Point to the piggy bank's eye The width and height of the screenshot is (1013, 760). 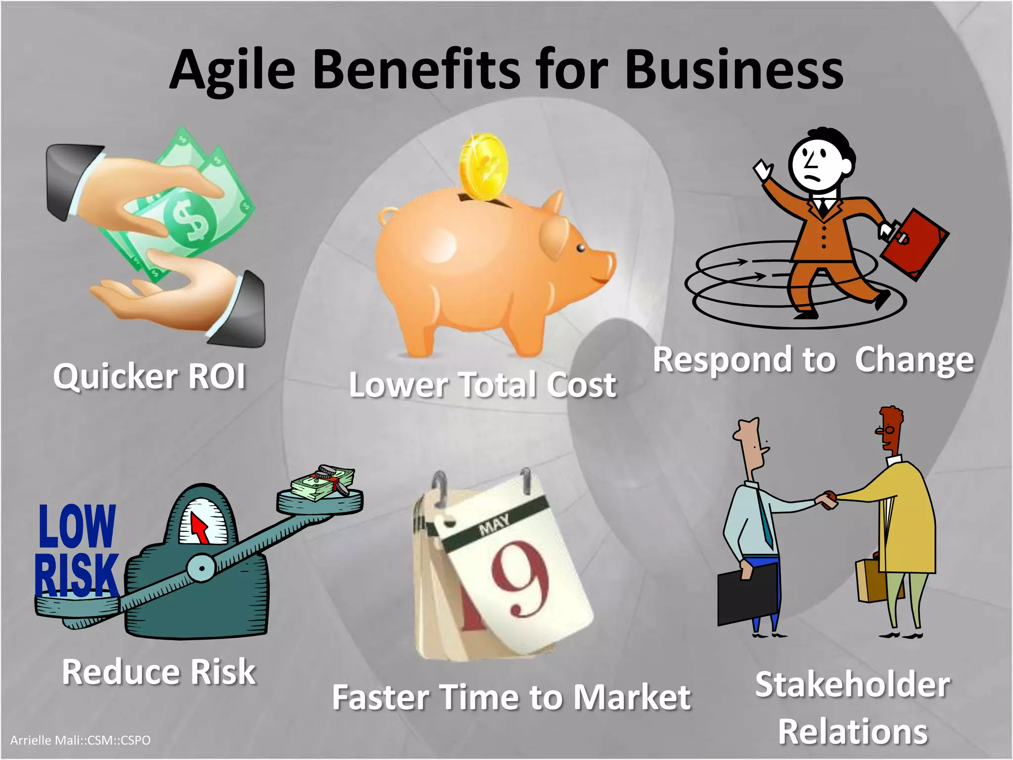pyautogui.click(x=580, y=247)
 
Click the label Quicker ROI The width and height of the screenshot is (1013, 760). pyautogui.click(x=149, y=377)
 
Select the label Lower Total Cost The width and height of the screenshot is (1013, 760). pyautogui.click(x=482, y=385)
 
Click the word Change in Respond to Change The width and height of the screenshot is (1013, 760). pyautogui.click(x=914, y=360)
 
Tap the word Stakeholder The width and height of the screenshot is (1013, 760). pyautogui.click(x=852, y=685)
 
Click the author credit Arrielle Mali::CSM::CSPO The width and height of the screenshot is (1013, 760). pyautogui.click(x=80, y=740)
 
